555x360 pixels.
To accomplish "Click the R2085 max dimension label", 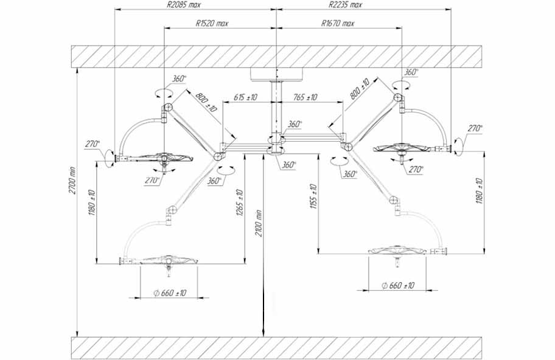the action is [183, 5].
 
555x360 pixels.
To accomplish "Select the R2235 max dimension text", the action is [345, 5].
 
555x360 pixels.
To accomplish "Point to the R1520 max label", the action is [212, 23].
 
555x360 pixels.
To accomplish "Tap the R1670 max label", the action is [337, 23].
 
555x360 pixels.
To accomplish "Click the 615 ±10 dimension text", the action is [245, 97].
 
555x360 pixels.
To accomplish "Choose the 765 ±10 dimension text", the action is [304, 97].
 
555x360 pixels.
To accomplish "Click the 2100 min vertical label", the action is [259, 223].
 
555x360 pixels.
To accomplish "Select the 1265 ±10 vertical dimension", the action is [239, 203].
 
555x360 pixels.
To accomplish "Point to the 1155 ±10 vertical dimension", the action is [313, 196].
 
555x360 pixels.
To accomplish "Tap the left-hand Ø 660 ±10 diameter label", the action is [170, 293].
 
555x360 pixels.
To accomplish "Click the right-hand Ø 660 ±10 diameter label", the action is [398, 285].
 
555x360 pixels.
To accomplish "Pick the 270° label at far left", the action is [92, 144].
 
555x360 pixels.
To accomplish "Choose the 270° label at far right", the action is [475, 128].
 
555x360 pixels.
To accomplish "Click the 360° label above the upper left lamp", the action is [179, 78].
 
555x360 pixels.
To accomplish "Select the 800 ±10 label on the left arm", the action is [206, 102].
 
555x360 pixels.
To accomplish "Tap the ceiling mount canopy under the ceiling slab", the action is [276, 75].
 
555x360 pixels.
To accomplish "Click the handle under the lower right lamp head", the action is [398, 262].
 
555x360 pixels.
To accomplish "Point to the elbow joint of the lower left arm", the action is [172, 211].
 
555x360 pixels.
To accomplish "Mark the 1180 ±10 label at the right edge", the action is [480, 191].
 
